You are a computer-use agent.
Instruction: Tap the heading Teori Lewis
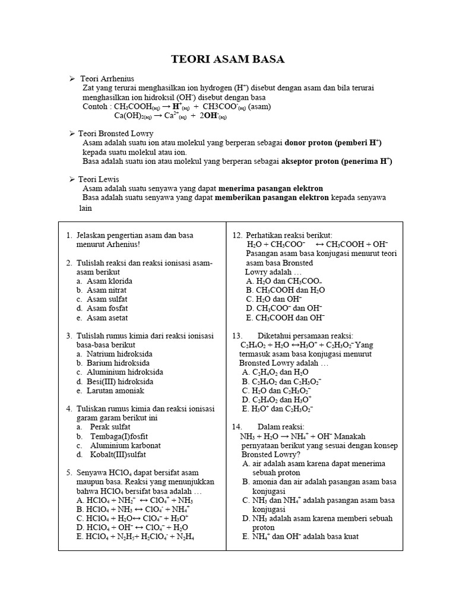click(x=103, y=179)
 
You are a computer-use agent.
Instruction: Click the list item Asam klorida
click(x=109, y=281)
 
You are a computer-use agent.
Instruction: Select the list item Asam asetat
click(x=107, y=318)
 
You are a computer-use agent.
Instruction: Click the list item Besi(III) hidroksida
click(x=119, y=381)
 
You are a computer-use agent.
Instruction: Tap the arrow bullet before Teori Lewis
click(x=72, y=179)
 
